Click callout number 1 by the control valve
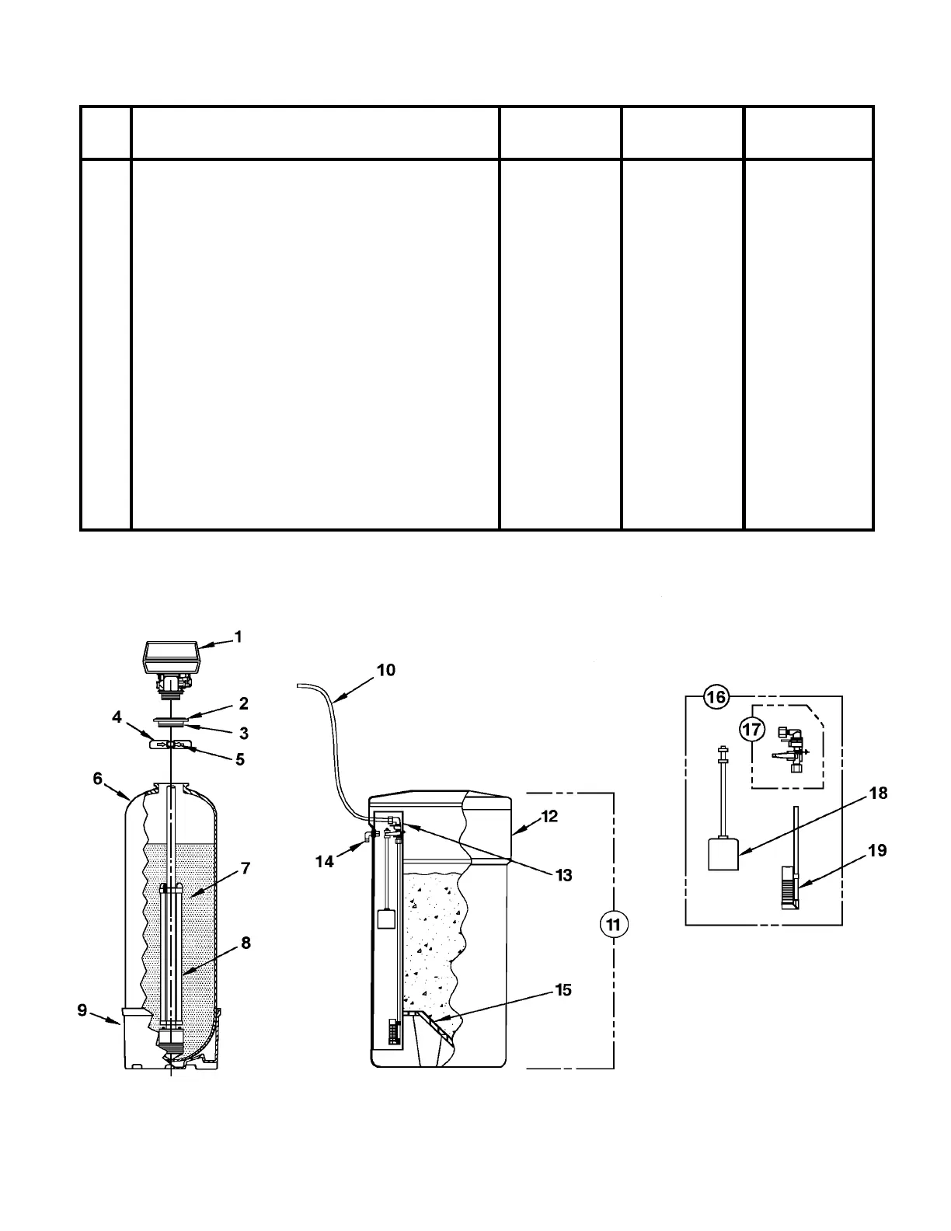(x=239, y=637)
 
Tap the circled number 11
(x=614, y=925)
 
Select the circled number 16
(x=716, y=697)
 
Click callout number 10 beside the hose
(x=386, y=670)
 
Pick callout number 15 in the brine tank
(x=563, y=990)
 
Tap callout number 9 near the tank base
(x=82, y=1011)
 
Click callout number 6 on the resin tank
(x=98, y=778)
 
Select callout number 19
(x=876, y=851)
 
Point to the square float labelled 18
(x=723, y=854)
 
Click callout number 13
(x=563, y=875)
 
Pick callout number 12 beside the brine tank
(x=549, y=817)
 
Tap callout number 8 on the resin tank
(x=246, y=943)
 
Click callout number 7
(x=246, y=869)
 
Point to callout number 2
(x=243, y=704)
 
